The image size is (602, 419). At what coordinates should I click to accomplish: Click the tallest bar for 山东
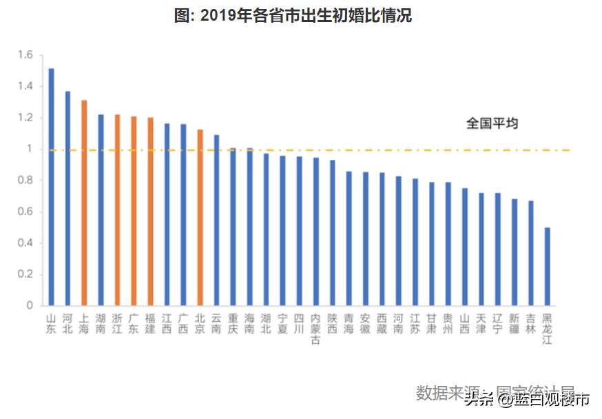click(x=51, y=187)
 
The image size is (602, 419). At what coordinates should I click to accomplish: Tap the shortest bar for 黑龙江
click(x=548, y=266)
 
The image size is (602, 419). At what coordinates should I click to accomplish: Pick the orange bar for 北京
click(x=200, y=217)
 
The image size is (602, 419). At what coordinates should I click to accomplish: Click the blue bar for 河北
click(x=68, y=198)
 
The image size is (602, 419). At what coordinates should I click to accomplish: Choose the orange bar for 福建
click(x=150, y=211)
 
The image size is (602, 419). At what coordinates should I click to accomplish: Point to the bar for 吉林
click(x=531, y=253)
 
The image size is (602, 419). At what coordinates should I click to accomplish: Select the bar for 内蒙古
click(x=315, y=232)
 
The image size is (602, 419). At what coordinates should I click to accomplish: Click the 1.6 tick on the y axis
click(x=25, y=55)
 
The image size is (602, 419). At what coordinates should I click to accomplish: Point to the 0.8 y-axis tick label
click(x=25, y=181)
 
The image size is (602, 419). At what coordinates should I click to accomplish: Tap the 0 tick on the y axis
click(x=30, y=305)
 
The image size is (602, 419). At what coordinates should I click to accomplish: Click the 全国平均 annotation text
click(x=492, y=124)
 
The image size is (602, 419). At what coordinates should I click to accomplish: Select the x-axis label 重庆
click(x=233, y=324)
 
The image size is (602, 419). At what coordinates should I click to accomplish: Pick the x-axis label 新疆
click(x=514, y=324)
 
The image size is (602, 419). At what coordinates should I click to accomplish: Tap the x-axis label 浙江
click(x=117, y=324)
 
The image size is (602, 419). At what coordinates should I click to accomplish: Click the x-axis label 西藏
click(x=382, y=324)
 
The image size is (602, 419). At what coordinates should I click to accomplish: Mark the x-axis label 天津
click(x=481, y=324)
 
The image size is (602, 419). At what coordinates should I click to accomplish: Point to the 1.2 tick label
click(x=25, y=118)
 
